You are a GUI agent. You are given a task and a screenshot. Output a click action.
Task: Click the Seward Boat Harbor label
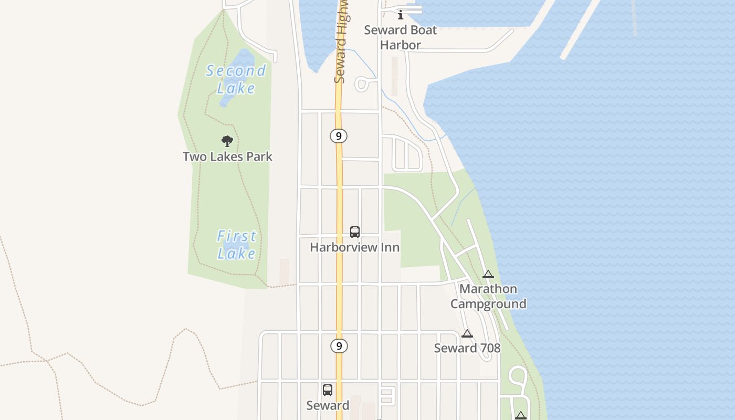coord(401,37)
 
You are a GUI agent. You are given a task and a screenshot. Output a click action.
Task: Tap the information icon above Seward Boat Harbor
coord(401,14)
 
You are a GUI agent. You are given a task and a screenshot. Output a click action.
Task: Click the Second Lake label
coord(236,79)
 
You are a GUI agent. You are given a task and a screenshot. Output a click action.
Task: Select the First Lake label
coord(237,245)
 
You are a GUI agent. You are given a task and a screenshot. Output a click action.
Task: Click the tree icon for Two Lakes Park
coord(227,141)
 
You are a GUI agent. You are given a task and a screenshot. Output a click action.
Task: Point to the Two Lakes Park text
coord(227,156)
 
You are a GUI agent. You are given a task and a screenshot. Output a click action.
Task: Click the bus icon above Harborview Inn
coord(355,232)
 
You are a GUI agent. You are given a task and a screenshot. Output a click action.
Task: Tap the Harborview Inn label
coord(355,247)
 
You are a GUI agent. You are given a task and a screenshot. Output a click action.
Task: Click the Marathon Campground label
coord(488,296)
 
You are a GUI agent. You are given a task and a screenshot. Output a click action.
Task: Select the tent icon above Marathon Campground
coord(488,274)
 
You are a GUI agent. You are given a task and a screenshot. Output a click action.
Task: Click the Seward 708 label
coord(467,348)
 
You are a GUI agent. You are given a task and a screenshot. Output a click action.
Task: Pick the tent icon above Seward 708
coord(467,333)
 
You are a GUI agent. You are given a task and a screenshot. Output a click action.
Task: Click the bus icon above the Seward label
coord(328,390)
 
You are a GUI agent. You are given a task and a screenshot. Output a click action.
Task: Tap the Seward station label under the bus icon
coord(328,405)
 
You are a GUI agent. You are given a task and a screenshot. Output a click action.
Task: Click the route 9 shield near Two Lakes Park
coord(339,136)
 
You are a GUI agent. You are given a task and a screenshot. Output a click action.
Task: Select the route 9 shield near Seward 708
coord(339,346)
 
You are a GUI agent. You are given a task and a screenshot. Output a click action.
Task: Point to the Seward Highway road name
coord(341,42)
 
